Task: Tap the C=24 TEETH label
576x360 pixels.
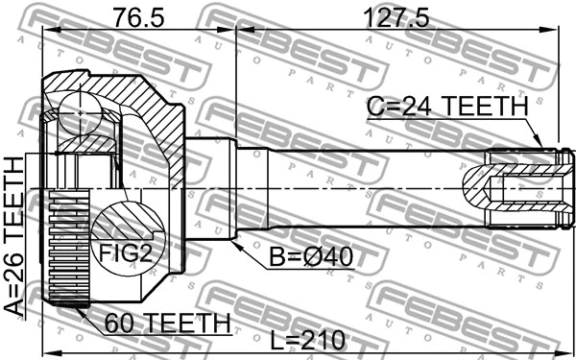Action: pyautogui.click(x=447, y=108)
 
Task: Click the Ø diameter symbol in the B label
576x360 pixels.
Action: pyautogui.click(x=308, y=258)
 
